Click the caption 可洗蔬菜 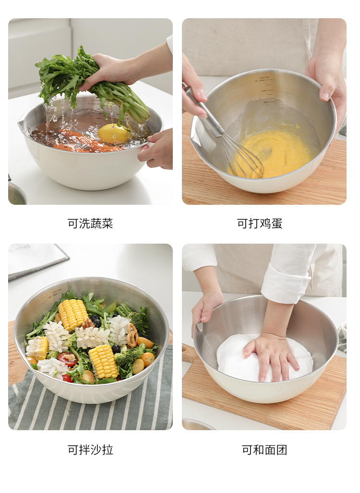(x=90, y=223)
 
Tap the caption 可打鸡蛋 (x=260, y=223)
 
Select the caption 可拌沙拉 (x=90, y=450)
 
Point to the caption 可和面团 (x=264, y=450)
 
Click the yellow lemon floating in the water (x=113, y=133)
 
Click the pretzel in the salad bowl (x=132, y=335)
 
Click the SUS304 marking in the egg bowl (x=264, y=77)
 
